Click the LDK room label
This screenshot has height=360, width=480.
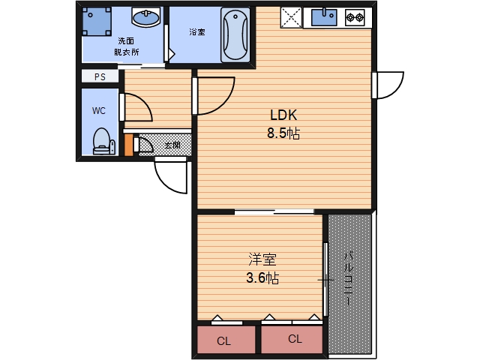(283, 115)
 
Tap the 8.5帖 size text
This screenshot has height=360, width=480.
(283, 133)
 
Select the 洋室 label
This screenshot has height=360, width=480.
(262, 259)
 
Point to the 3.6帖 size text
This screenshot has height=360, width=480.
(262, 278)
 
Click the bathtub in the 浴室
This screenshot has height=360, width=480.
(235, 35)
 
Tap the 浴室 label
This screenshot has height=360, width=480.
(197, 31)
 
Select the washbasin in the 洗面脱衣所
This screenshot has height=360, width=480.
(146, 16)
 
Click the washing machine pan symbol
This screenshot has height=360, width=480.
(97, 22)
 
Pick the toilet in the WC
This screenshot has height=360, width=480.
(104, 142)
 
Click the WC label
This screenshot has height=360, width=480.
(99, 110)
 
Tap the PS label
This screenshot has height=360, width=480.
(100, 76)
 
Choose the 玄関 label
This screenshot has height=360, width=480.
(172, 145)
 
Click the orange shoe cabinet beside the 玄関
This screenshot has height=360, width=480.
(129, 145)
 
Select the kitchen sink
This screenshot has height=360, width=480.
(324, 17)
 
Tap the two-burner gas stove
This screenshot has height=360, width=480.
(355, 17)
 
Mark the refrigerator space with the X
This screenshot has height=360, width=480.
(291, 17)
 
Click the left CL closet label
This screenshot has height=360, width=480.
(223, 340)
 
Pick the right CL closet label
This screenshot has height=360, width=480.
(295, 338)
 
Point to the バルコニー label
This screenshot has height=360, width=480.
(349, 278)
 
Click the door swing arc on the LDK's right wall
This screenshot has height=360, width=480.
(396, 91)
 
